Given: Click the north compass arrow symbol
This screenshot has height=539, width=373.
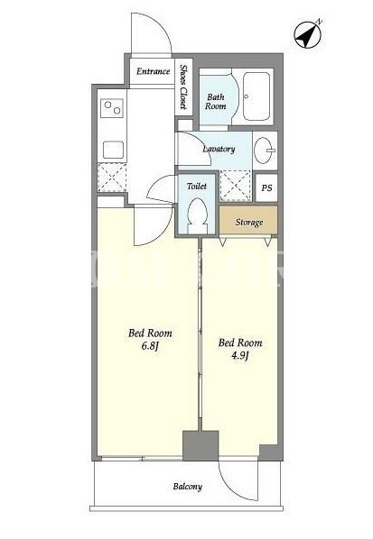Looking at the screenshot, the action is pos(308,34).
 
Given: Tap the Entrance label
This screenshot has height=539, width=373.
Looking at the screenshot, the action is pos(153,71).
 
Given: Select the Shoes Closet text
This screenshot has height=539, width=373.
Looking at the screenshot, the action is pos(183,87).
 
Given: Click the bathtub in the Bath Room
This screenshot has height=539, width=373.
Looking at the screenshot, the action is pos(256,96).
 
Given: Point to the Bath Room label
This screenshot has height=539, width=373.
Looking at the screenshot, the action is pos(216,102).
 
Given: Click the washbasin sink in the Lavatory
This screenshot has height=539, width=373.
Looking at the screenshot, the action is pos(265,151).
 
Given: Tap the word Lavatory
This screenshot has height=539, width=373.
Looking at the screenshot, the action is pos(219,149).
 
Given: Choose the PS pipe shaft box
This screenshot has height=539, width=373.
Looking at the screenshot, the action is pos(266,188).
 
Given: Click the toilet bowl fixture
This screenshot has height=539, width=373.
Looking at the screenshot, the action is pos(197,215).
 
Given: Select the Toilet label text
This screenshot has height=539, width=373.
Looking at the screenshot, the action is pos(197,186).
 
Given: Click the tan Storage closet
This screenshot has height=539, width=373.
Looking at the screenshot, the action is pos(248,220).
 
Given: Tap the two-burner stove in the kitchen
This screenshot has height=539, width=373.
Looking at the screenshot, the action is pos(112,107).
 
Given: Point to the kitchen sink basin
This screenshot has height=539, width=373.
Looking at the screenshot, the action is pos(113,150).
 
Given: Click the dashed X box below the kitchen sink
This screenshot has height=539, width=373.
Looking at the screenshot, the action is pos(112,178).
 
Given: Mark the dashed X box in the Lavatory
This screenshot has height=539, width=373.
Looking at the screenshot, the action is pos(236,186).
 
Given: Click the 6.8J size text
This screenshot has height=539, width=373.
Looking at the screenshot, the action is pos(150,346).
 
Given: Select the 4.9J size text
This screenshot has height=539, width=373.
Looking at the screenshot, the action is pos(239,355).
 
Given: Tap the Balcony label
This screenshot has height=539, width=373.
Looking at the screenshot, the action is pos(187,487).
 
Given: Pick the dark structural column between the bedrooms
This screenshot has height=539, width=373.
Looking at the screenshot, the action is pos(200,445).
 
